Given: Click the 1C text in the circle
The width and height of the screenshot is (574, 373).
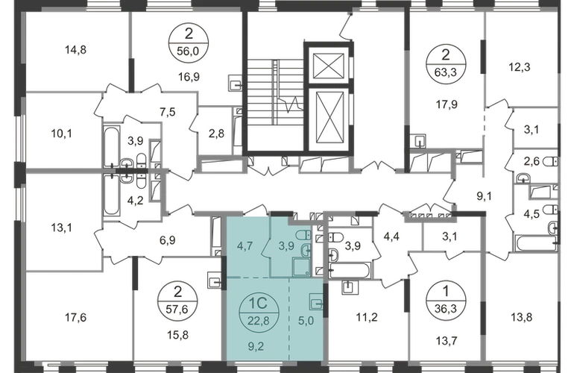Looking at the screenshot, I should [254, 305].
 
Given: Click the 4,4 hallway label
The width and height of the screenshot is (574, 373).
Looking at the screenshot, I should [392, 240].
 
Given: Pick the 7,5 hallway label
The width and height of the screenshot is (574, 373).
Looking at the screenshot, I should [170, 112].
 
